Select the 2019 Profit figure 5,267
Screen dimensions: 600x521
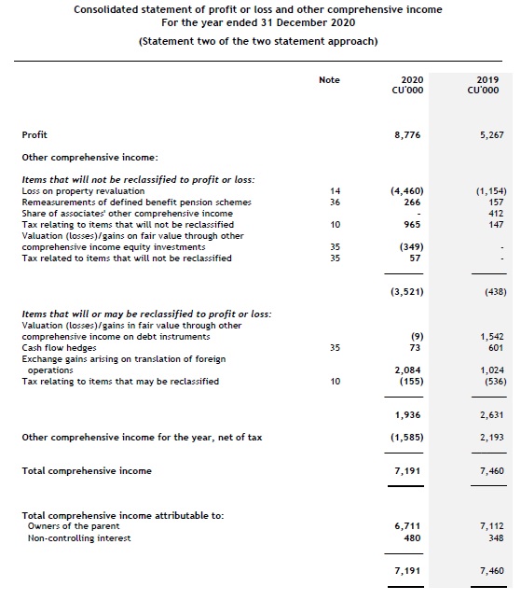[x=489, y=135]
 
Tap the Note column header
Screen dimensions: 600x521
[x=329, y=80]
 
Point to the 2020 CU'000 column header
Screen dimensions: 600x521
[x=410, y=85]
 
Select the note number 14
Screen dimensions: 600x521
[x=335, y=190]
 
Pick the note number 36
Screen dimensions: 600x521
[x=335, y=202]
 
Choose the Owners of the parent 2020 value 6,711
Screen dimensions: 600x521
[x=410, y=526]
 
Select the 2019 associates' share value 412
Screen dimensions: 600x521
[x=495, y=213]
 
